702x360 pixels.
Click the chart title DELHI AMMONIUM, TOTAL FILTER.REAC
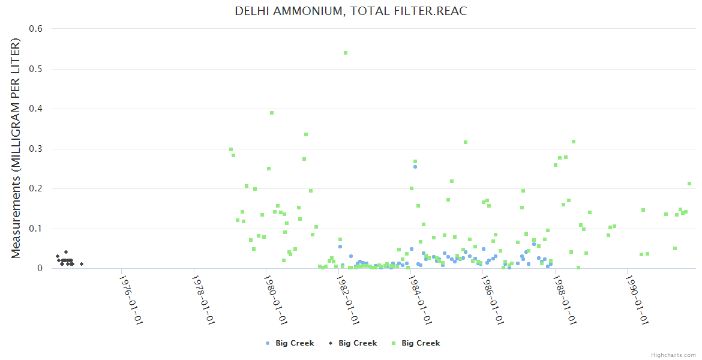coord(350,11)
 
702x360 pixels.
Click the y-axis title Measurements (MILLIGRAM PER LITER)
coord(16,148)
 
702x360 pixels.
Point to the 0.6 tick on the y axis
coord(35,29)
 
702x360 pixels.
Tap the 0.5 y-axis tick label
coord(35,69)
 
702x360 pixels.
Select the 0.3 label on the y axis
coord(35,149)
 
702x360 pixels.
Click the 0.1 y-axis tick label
coord(35,229)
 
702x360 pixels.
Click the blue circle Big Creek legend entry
coord(290,343)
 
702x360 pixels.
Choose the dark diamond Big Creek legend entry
coord(353,343)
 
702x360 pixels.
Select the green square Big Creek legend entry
coord(416,343)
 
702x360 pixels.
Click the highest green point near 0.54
coord(346,53)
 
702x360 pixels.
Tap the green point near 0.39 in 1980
coord(272,113)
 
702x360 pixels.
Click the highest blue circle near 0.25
coord(415,167)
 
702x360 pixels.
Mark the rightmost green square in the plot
coord(689,184)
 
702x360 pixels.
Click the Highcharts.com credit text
coord(673,355)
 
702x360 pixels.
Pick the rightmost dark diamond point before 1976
coord(82,264)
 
